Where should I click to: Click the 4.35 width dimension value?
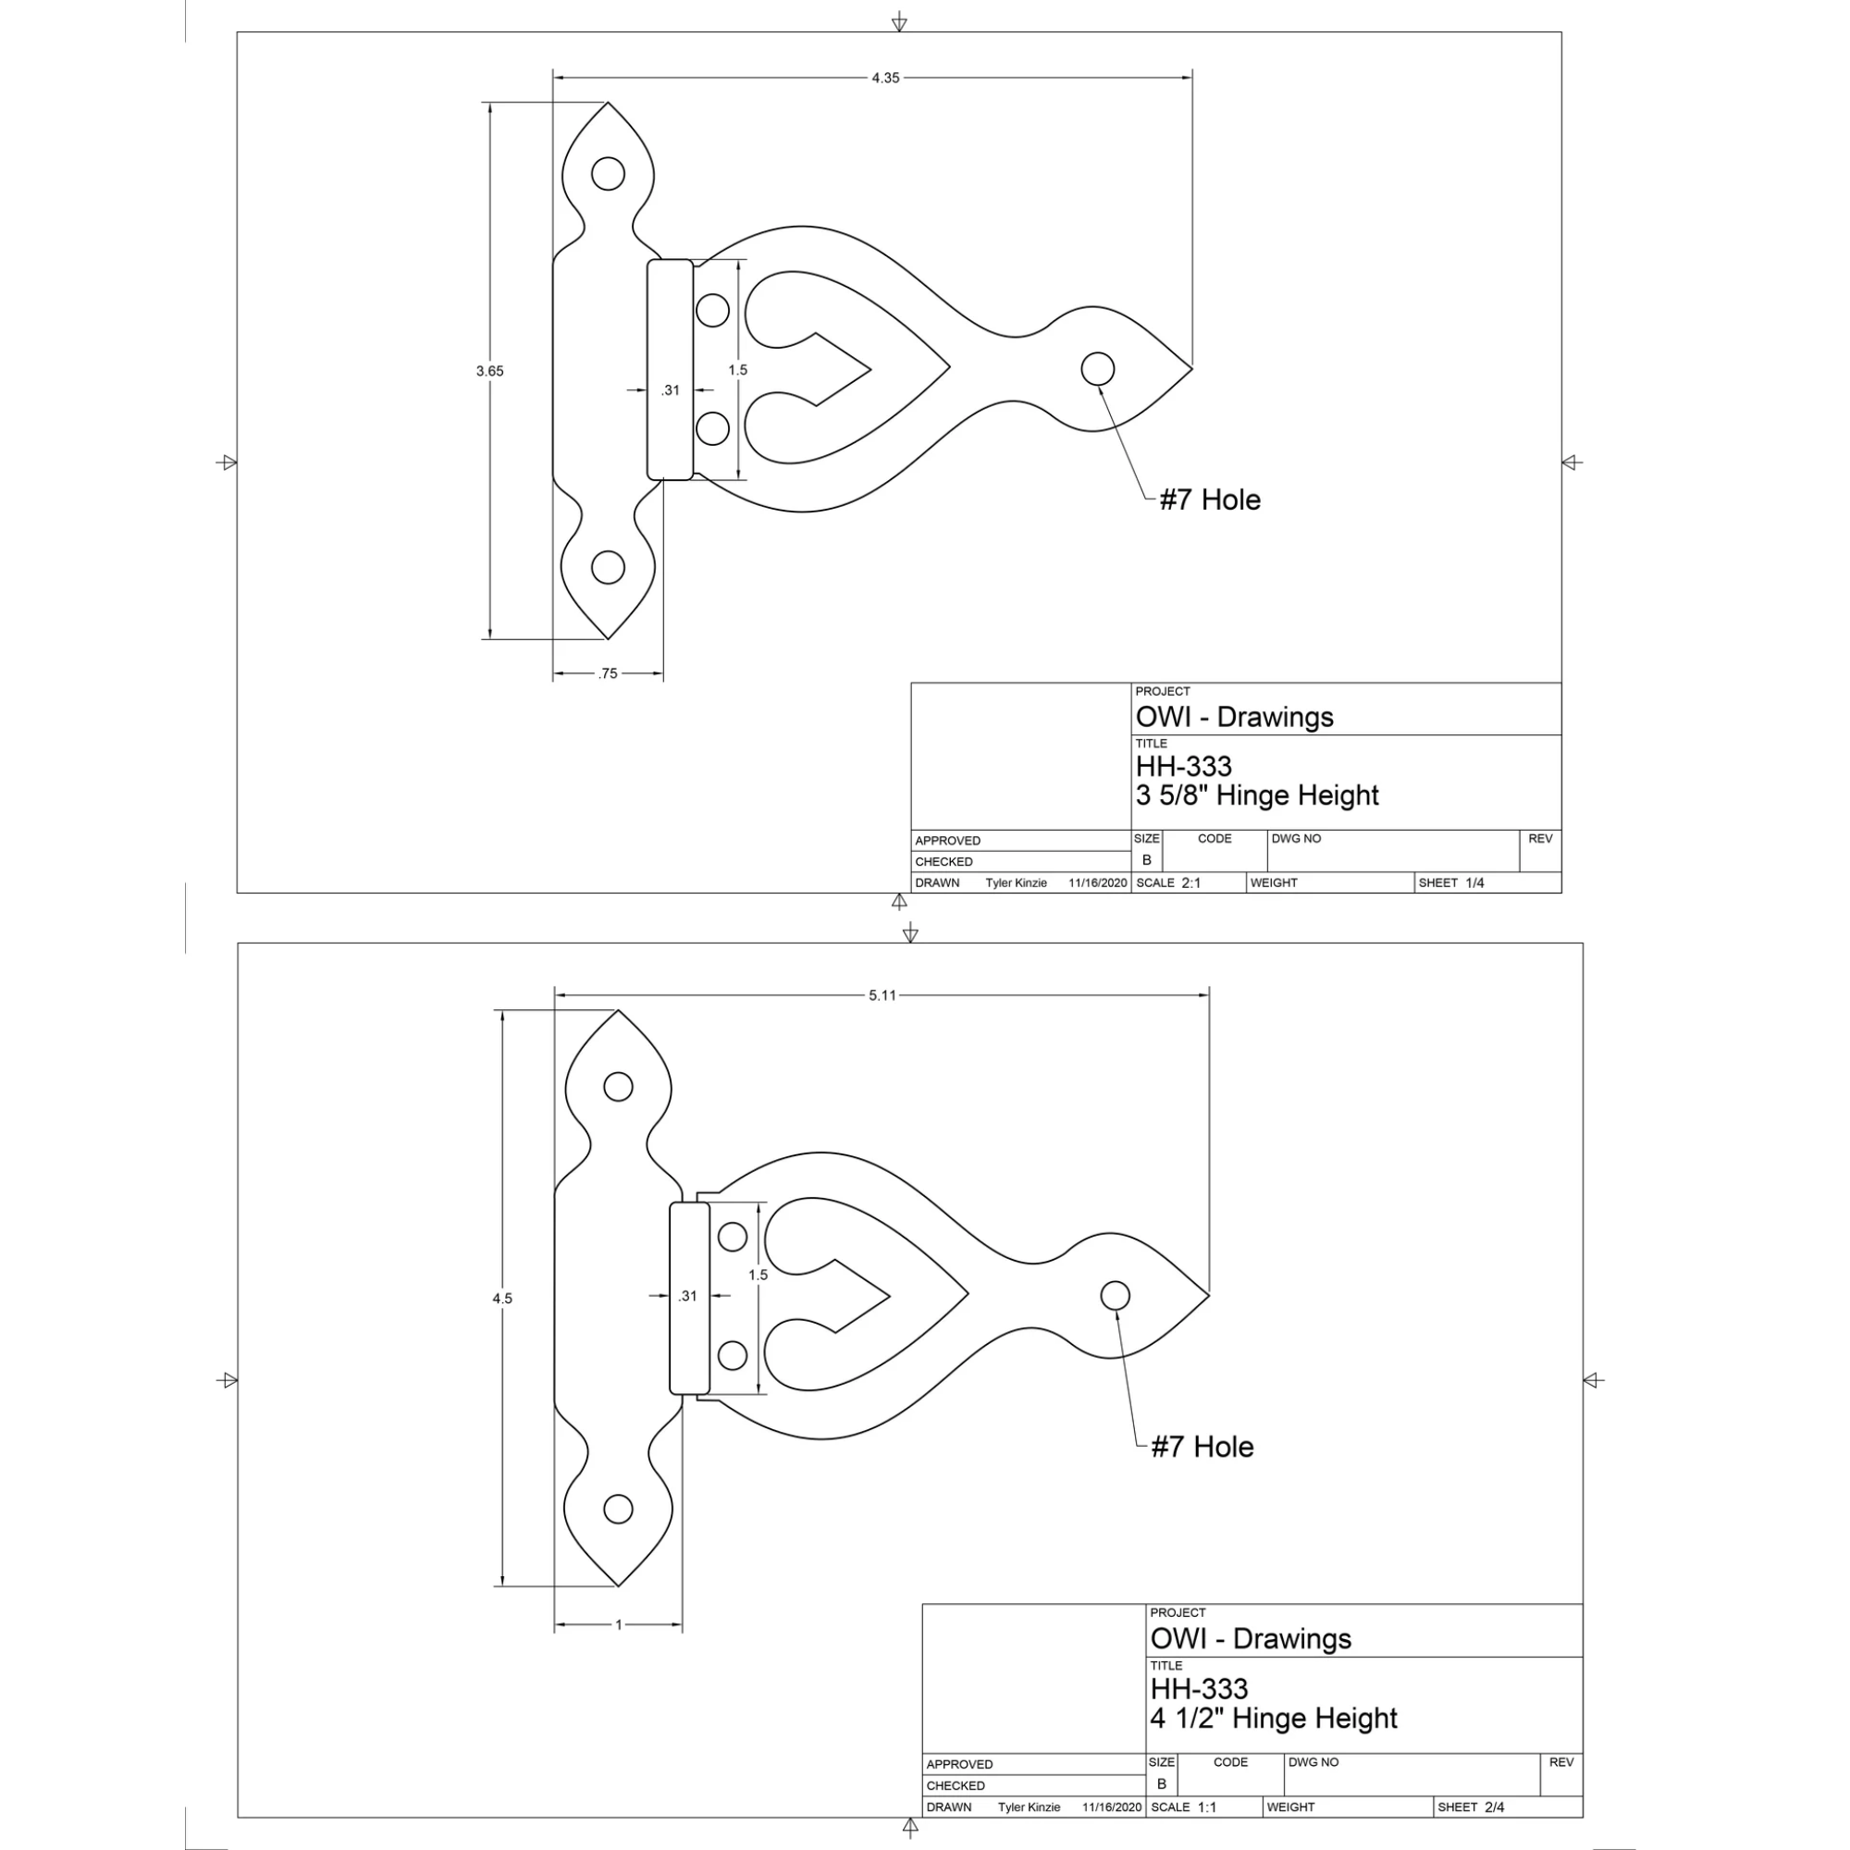click(x=886, y=78)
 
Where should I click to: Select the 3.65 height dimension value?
click(x=489, y=371)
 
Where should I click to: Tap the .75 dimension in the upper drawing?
click(x=608, y=673)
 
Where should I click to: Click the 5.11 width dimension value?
click(x=882, y=995)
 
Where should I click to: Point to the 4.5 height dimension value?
click(x=502, y=1299)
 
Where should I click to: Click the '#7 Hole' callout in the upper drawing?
click(x=1210, y=499)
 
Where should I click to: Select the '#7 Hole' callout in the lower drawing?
click(x=1202, y=1446)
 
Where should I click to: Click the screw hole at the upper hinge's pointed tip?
click(x=1097, y=369)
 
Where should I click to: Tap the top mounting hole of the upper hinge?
click(x=608, y=173)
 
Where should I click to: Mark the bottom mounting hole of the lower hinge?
click(x=619, y=1508)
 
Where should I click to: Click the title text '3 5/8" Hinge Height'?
click(x=1257, y=795)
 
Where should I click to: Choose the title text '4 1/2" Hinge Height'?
click(x=1274, y=1718)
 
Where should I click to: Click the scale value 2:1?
click(x=1191, y=882)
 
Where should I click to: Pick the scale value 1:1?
click(x=1206, y=1807)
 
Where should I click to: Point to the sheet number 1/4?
click(x=1474, y=882)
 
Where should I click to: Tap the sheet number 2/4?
click(x=1495, y=1807)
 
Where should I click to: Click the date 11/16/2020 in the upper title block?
click(x=1098, y=882)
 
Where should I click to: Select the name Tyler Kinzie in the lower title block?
click(x=1030, y=1807)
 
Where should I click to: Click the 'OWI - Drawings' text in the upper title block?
click(x=1234, y=717)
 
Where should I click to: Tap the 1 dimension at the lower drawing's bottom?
click(x=619, y=1624)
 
